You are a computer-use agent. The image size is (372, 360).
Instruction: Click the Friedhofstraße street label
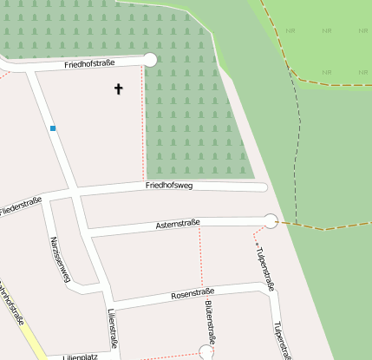[x=90, y=65]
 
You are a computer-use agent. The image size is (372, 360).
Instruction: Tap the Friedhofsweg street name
[x=169, y=186]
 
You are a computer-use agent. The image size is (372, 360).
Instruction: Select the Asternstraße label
[x=178, y=224]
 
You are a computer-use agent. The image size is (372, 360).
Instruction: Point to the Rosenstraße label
[x=193, y=295]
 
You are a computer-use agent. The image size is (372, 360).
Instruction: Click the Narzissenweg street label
[x=60, y=259]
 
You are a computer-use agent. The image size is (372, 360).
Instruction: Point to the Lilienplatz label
[x=80, y=356]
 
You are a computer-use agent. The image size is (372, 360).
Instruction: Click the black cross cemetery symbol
[x=119, y=88]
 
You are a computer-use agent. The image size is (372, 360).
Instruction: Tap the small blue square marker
[x=53, y=128]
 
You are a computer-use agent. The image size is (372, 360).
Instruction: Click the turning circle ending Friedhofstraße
[x=150, y=59]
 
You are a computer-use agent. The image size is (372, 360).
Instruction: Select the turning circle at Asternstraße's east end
[x=271, y=220]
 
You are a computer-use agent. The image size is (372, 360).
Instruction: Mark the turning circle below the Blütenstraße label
[x=206, y=351]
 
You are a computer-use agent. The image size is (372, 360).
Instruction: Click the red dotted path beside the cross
[x=143, y=130]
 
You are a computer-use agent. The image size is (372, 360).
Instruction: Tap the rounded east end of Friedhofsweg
[x=263, y=187]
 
